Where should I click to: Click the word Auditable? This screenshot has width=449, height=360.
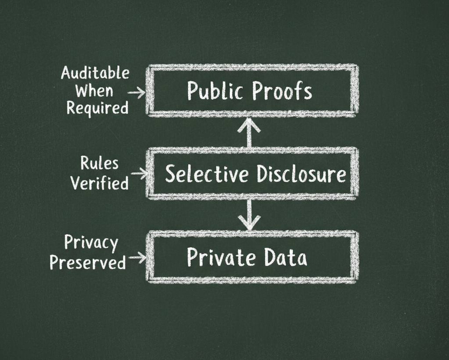95,73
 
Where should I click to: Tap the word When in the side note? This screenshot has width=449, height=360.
94,90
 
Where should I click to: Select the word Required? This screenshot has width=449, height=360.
97,107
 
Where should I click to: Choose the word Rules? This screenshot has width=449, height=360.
99,163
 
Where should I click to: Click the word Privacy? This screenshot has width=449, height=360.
91,243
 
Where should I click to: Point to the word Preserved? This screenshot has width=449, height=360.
88,262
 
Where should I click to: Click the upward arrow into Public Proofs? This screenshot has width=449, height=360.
249,132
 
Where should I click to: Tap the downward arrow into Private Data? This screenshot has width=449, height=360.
249,215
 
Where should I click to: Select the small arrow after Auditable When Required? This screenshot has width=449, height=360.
138,93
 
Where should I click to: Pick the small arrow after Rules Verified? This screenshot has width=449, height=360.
139,174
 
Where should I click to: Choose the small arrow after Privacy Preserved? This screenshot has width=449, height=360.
138,258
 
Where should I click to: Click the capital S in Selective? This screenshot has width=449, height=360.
171,174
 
